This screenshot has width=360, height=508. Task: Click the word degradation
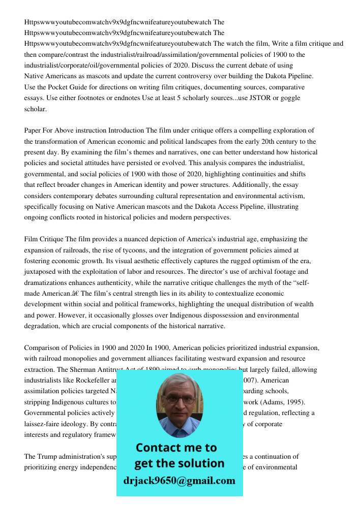tap(42, 326)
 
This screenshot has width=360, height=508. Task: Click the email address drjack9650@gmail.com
tap(179, 481)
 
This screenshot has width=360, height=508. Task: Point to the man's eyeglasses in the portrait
tap(179, 400)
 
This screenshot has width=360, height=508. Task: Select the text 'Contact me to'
tap(176, 448)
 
